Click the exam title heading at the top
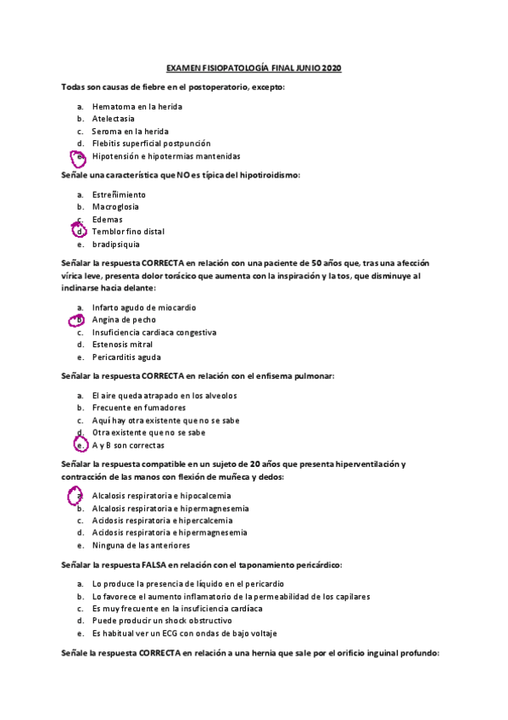(254, 68)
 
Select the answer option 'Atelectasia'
(114, 119)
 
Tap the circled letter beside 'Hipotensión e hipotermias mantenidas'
(79, 157)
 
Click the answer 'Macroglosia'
(116, 206)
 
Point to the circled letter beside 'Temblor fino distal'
(80, 231)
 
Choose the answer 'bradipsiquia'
(116, 244)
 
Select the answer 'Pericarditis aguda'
(127, 357)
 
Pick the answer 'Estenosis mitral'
(122, 345)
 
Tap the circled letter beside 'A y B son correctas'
(79, 445)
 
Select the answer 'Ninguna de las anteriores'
(141, 545)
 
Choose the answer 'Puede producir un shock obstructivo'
(160, 621)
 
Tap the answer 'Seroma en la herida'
(131, 132)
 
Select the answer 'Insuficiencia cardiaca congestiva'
(154, 332)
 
